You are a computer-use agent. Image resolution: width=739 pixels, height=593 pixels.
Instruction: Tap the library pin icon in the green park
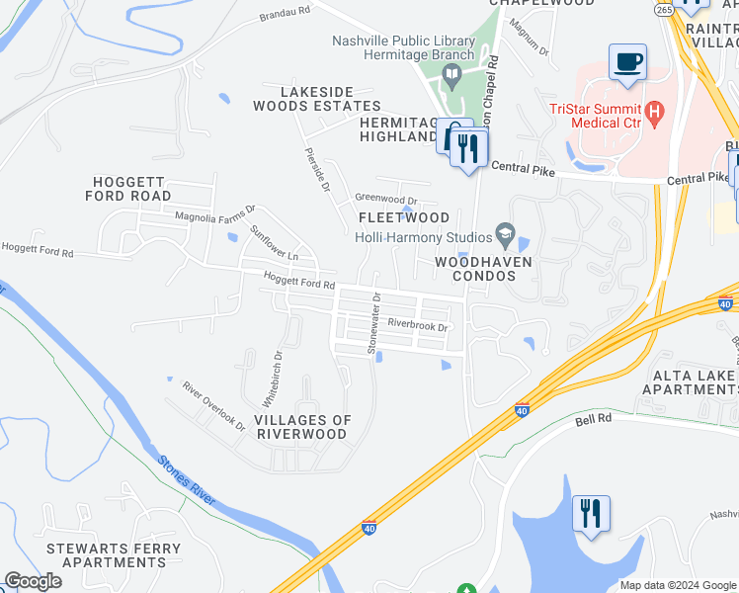[452, 75]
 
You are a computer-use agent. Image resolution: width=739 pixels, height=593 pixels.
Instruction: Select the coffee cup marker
[627, 63]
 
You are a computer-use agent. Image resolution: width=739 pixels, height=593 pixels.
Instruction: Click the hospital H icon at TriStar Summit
[653, 116]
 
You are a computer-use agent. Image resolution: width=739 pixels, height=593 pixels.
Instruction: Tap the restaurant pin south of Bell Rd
[591, 514]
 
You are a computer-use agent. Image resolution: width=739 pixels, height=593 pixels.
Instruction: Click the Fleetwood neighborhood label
[403, 217]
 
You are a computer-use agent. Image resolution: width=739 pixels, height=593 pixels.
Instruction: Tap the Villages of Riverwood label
[302, 427]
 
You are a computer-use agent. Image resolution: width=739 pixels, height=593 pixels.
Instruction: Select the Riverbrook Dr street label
[418, 325]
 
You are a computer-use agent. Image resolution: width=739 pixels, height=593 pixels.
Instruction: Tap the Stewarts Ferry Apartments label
[122, 554]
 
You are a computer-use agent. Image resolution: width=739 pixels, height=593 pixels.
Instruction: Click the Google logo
[33, 581]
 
